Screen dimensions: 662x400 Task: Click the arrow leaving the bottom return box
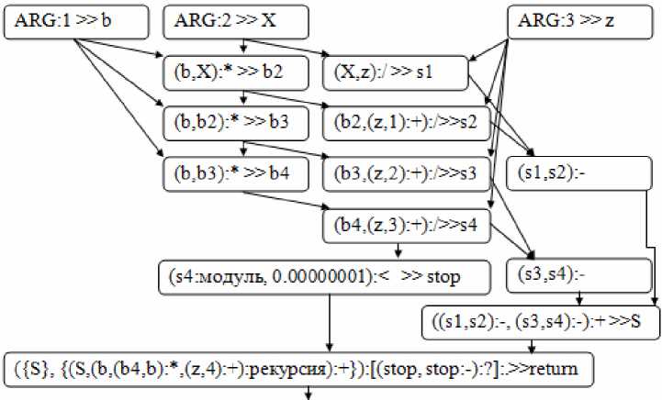(309, 393)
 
